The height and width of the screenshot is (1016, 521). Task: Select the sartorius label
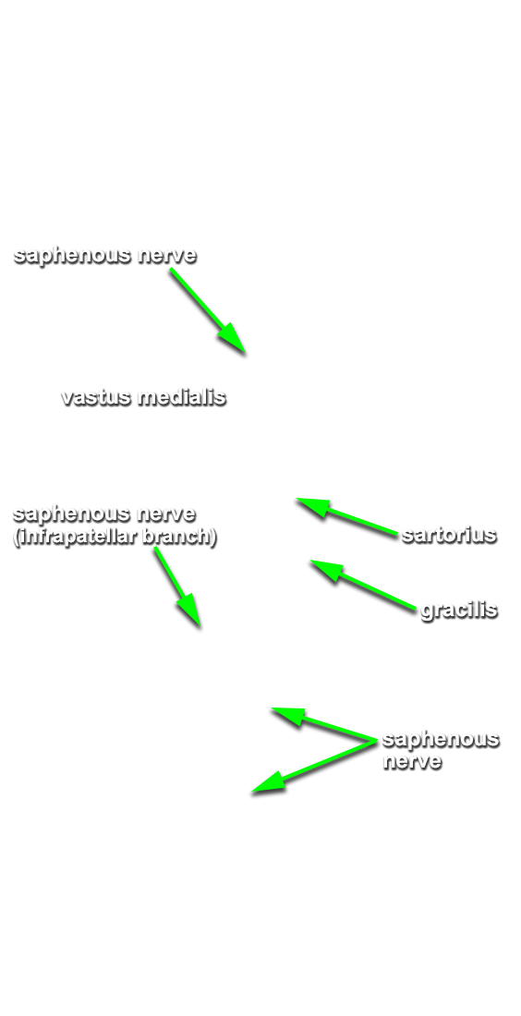449,535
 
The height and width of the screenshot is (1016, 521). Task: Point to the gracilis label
459,610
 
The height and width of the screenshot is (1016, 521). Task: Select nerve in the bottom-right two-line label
412,761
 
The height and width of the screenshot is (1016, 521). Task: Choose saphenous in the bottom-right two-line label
441,739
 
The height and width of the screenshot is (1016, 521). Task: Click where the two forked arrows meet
375,741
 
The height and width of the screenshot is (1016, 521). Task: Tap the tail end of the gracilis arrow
415,609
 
